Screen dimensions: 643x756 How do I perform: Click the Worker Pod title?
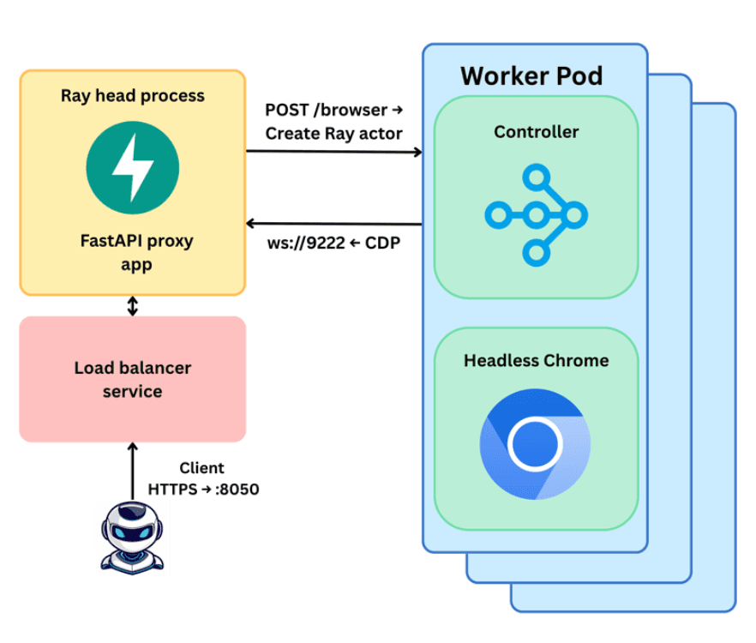pos(531,75)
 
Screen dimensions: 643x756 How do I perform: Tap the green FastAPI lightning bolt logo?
pos(133,165)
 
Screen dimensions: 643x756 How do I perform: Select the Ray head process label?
pos(133,95)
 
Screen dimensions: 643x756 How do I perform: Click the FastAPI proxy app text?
pos(133,252)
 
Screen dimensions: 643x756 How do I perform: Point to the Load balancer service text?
pos(133,379)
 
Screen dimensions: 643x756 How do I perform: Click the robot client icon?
pos(133,537)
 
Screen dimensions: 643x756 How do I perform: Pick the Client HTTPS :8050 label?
pos(203,479)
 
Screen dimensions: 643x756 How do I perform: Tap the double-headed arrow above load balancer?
pos(133,306)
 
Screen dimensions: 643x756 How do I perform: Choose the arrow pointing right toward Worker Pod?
pos(333,153)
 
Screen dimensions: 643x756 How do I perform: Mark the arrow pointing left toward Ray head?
pos(333,225)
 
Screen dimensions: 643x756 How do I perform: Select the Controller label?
pos(537,132)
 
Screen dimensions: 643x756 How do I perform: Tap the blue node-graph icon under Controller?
pos(536,214)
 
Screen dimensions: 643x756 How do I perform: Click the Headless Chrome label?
pos(537,360)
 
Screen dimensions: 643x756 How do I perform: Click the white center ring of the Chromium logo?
pos(535,444)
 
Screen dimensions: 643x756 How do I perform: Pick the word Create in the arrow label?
pos(289,134)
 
